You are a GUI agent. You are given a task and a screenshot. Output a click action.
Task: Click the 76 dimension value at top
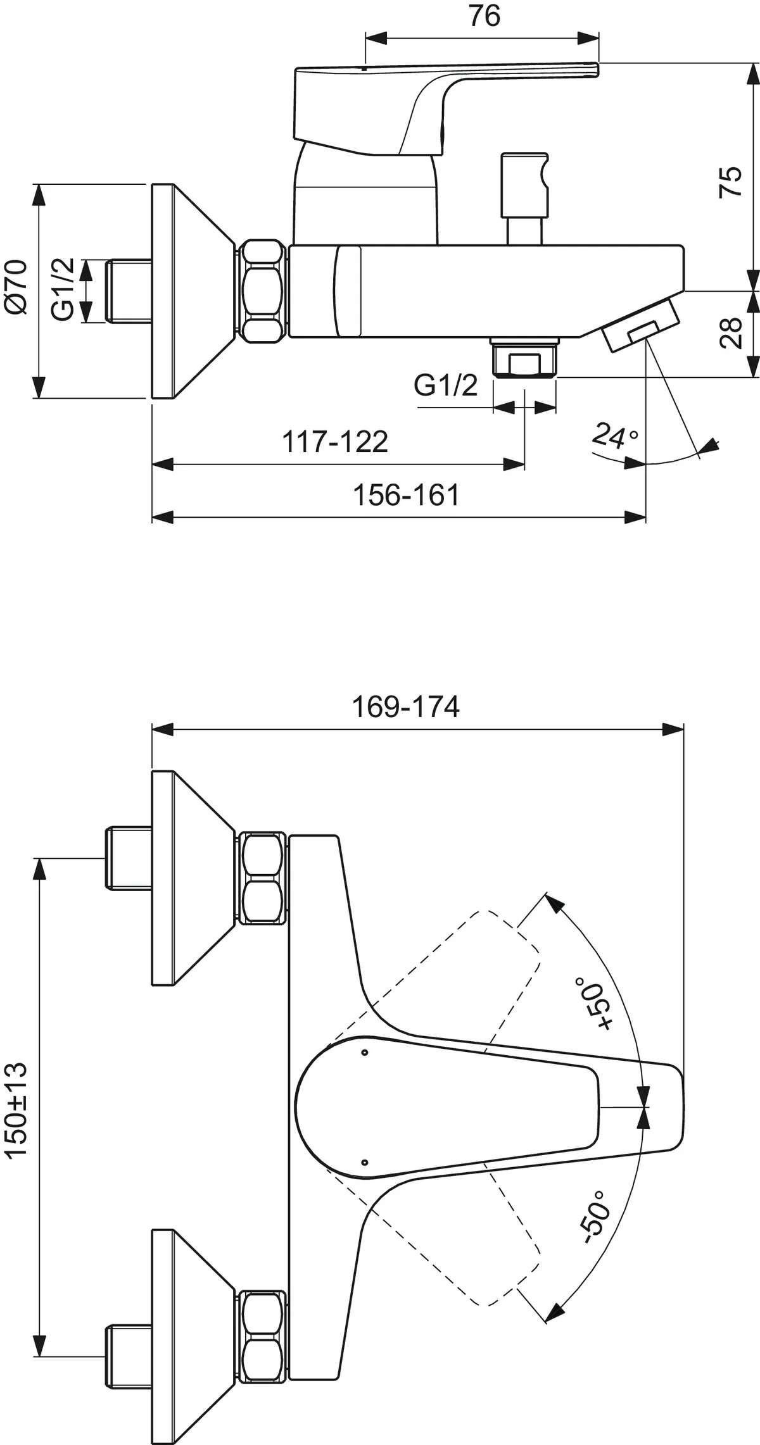[484, 16]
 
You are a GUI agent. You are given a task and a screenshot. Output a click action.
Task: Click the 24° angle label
[614, 435]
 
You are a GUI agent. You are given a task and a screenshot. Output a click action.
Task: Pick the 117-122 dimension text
[334, 441]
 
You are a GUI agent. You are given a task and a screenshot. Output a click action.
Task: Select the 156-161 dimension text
[405, 495]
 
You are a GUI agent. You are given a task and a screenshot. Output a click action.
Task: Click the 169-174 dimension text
[405, 707]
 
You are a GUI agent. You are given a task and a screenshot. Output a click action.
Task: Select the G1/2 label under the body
[445, 385]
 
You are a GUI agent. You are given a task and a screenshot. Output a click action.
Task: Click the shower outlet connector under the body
[524, 359]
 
